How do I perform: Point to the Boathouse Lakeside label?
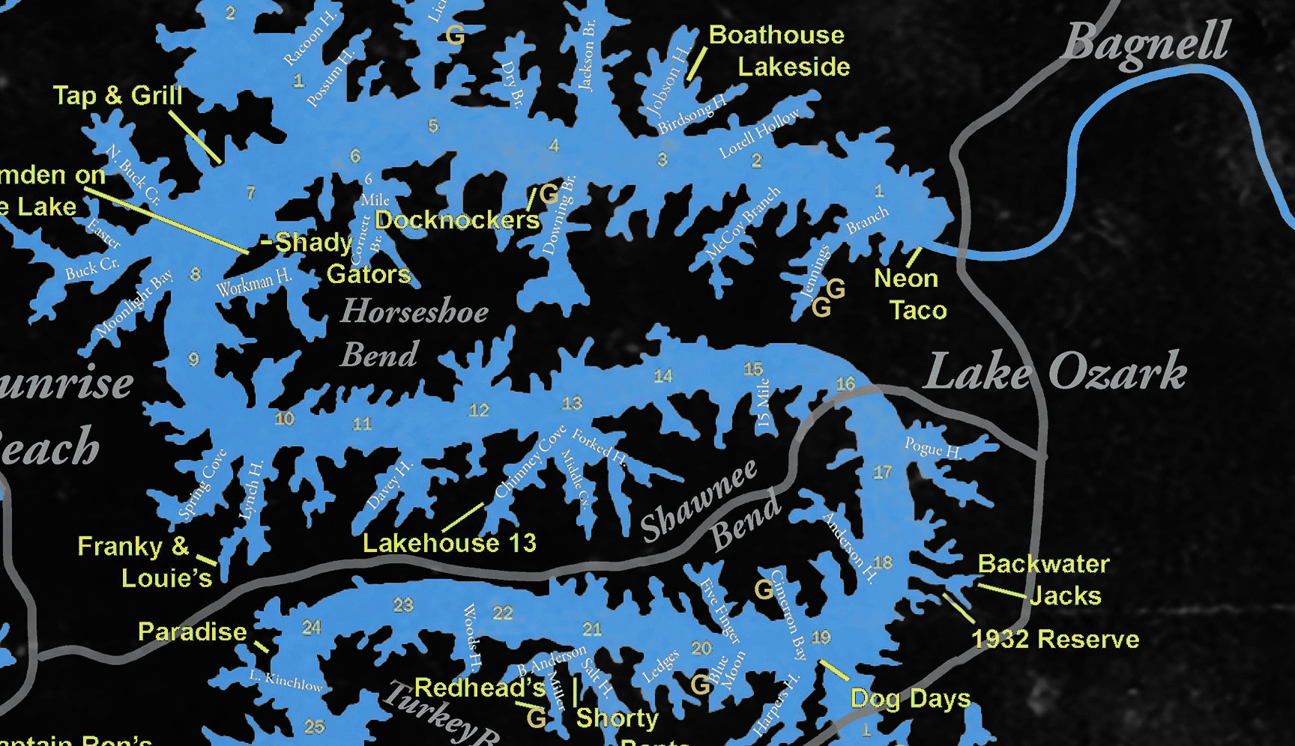tap(779, 51)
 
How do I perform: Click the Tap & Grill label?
tap(118, 95)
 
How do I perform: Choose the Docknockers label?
tap(457, 219)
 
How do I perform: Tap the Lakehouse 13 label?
tap(450, 543)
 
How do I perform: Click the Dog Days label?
tap(911, 699)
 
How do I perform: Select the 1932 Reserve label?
tap(1055, 639)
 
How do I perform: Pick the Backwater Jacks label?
tap(1043, 580)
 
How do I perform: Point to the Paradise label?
tap(193, 631)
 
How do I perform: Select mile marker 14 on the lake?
tap(663, 376)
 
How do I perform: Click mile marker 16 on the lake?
tap(845, 384)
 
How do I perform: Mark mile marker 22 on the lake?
tap(502, 613)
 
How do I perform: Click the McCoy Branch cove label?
tap(743, 223)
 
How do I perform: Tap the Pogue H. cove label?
tap(932, 449)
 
